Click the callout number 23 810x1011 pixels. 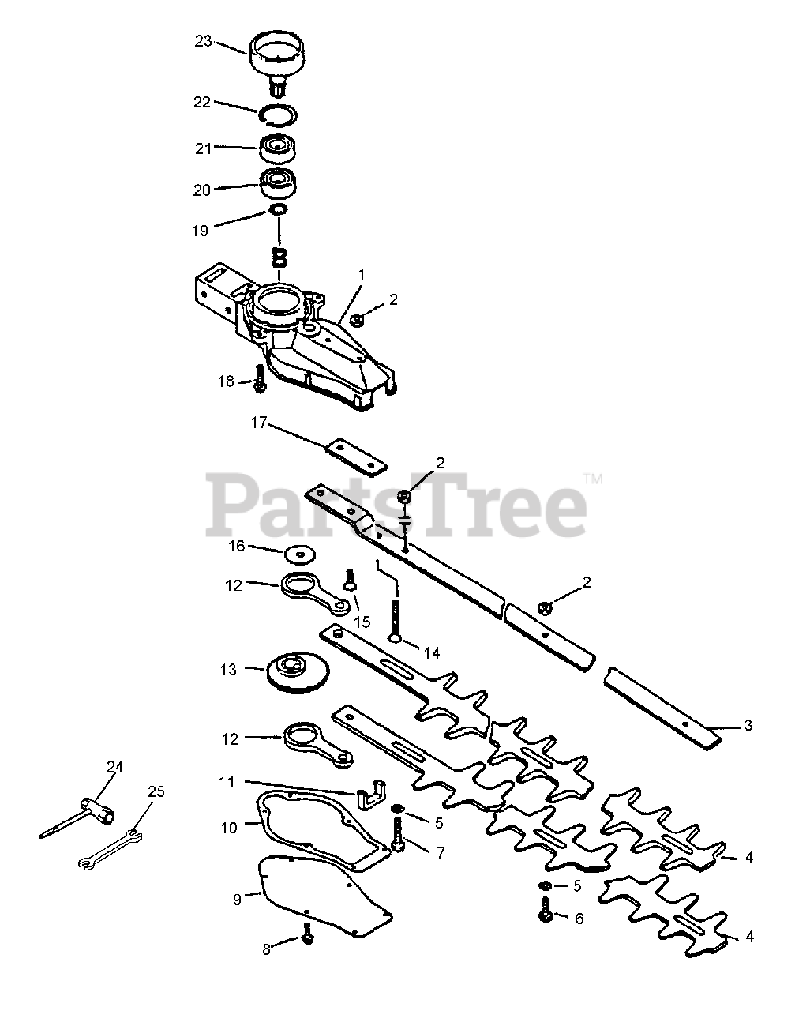[204, 41]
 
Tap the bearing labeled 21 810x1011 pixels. [278, 148]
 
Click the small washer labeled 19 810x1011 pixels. [278, 209]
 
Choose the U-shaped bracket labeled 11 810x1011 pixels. [369, 795]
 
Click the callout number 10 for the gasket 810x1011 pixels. [229, 828]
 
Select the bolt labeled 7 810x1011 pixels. [398, 833]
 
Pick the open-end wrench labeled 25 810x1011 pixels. [111, 849]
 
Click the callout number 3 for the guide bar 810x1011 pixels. [748, 724]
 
